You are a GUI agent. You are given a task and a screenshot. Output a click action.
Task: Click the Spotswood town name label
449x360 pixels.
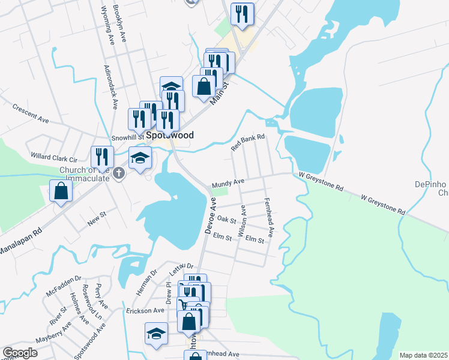(172, 136)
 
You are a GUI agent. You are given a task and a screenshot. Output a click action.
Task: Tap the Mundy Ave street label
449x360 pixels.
(227, 182)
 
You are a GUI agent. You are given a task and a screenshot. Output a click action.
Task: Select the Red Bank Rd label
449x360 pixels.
(249, 143)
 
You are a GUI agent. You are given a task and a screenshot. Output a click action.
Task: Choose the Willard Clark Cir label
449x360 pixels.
(55, 158)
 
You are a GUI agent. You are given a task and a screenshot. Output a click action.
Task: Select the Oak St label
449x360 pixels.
(226, 220)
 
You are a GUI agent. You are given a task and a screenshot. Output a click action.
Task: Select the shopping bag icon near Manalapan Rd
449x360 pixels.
(61, 191)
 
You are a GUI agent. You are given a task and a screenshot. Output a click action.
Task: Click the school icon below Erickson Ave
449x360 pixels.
(156, 333)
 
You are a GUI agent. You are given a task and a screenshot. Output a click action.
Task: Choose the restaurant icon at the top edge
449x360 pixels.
(242, 14)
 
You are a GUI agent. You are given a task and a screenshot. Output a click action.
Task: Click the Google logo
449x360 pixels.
(20, 353)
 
